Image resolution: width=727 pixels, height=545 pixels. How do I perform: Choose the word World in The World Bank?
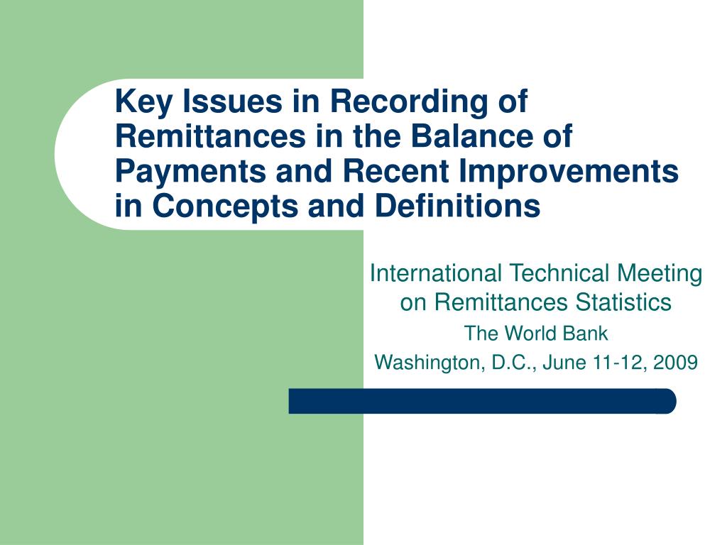point(525,333)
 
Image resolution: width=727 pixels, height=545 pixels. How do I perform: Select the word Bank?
point(587,333)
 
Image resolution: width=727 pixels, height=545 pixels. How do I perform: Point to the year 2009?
point(676,363)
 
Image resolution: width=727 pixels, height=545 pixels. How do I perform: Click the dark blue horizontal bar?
point(482,401)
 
